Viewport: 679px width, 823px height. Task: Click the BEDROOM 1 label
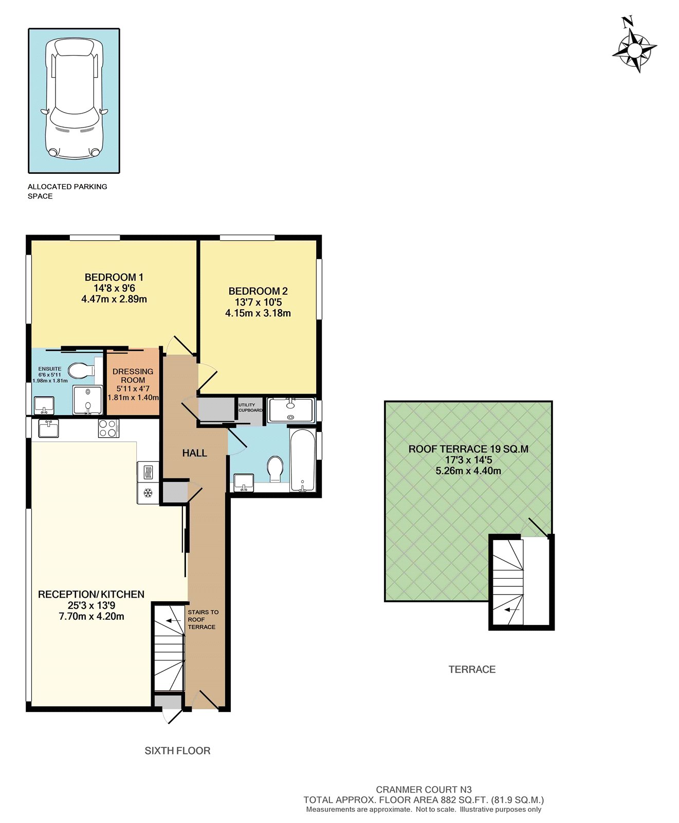pyautogui.click(x=114, y=277)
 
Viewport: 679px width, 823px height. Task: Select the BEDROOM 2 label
pyautogui.click(x=258, y=291)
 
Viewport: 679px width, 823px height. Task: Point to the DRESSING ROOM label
pyautogui.click(x=133, y=375)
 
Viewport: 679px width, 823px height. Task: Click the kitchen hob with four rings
pyautogui.click(x=108, y=428)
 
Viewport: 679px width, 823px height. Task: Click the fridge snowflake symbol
pyautogui.click(x=148, y=493)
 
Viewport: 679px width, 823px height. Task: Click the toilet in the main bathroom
pyautogui.click(x=276, y=468)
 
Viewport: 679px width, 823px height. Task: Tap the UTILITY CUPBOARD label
pyautogui.click(x=250, y=407)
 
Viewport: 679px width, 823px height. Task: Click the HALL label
pyautogui.click(x=194, y=453)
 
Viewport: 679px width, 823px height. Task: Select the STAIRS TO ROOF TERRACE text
pyautogui.click(x=203, y=619)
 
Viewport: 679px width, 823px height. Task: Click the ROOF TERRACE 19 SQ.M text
pyautogui.click(x=468, y=449)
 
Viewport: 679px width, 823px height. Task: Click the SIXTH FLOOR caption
pyautogui.click(x=177, y=750)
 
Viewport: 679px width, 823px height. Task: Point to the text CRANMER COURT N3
pyautogui.click(x=424, y=790)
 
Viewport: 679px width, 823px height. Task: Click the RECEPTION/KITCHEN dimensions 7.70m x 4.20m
pyautogui.click(x=91, y=616)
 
